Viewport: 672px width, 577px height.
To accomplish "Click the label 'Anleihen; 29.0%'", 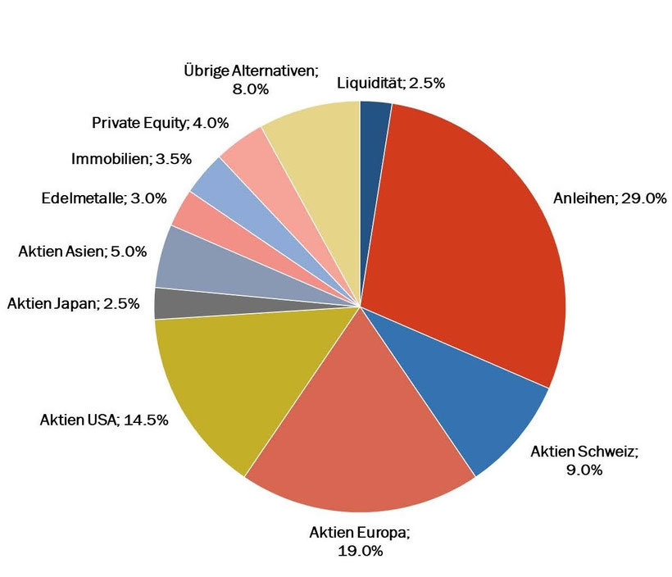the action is (x=610, y=198).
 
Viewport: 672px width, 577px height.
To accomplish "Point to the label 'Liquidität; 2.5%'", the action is (x=391, y=83).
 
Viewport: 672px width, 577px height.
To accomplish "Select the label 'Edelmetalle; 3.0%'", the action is (x=104, y=198).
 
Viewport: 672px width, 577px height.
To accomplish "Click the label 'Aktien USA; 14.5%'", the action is (x=104, y=420).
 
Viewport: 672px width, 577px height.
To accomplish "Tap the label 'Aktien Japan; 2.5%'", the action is (x=73, y=303).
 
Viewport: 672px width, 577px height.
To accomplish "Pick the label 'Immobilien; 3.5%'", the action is (x=131, y=159).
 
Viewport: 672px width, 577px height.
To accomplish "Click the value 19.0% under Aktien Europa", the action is (x=360, y=551).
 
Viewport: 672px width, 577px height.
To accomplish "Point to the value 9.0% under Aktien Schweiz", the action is (x=584, y=470).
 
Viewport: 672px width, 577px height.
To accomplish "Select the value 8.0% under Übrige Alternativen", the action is (x=251, y=89).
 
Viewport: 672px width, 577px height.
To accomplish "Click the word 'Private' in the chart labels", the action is (x=110, y=123).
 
